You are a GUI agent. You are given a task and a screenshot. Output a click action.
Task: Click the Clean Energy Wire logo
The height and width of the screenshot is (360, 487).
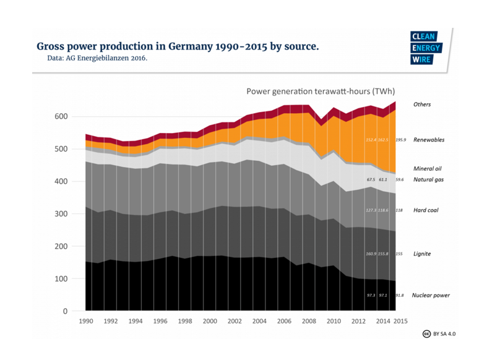click(422, 48)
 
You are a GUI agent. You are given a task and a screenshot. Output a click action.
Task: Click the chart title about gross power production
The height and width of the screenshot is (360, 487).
click(178, 46)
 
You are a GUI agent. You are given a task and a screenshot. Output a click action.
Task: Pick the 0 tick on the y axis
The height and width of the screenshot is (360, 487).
click(64, 311)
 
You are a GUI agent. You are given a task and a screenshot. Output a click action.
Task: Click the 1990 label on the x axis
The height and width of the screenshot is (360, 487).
click(86, 322)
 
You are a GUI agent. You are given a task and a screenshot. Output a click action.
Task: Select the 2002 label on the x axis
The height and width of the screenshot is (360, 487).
click(235, 322)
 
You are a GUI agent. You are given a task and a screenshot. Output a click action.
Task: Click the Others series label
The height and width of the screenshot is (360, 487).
click(422, 105)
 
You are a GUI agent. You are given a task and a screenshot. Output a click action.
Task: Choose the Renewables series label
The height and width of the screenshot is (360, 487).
click(429, 140)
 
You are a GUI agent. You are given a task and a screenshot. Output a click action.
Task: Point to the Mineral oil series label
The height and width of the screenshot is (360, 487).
click(428, 168)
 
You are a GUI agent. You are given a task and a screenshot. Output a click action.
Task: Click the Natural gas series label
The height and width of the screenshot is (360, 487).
click(428, 179)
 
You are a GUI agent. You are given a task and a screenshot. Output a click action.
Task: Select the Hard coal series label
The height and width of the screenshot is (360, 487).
click(426, 210)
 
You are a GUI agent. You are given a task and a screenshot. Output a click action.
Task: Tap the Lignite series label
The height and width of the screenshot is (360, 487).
click(421, 254)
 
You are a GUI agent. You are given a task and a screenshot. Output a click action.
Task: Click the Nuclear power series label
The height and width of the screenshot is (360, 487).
click(431, 295)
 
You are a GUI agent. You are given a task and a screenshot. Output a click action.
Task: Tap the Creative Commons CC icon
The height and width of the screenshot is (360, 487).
click(426, 333)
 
